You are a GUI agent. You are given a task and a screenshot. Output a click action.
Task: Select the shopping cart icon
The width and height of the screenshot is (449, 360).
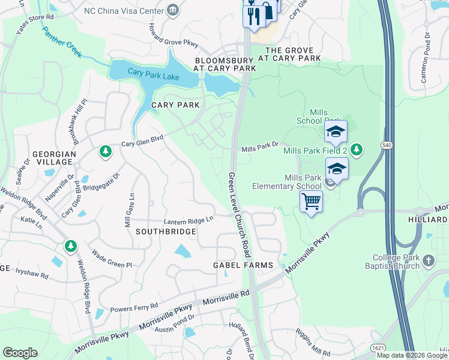[312, 202]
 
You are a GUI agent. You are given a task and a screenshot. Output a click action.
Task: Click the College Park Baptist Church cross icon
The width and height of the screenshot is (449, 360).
[428, 261]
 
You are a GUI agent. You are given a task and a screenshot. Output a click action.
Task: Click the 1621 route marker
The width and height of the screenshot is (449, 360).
[378, 347]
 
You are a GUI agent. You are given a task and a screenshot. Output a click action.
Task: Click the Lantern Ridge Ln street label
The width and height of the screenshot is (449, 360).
[189, 221]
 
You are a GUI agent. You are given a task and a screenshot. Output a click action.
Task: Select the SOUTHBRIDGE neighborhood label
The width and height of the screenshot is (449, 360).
[162, 231]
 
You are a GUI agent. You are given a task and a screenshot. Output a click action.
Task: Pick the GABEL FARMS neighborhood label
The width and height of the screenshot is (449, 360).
[243, 265]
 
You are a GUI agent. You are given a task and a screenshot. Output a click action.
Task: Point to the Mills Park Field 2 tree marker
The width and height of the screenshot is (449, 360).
[357, 149]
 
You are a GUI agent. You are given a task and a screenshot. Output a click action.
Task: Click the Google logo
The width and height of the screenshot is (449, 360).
[20, 353]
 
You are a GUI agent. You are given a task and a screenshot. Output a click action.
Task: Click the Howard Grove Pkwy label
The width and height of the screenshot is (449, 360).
[173, 35]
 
